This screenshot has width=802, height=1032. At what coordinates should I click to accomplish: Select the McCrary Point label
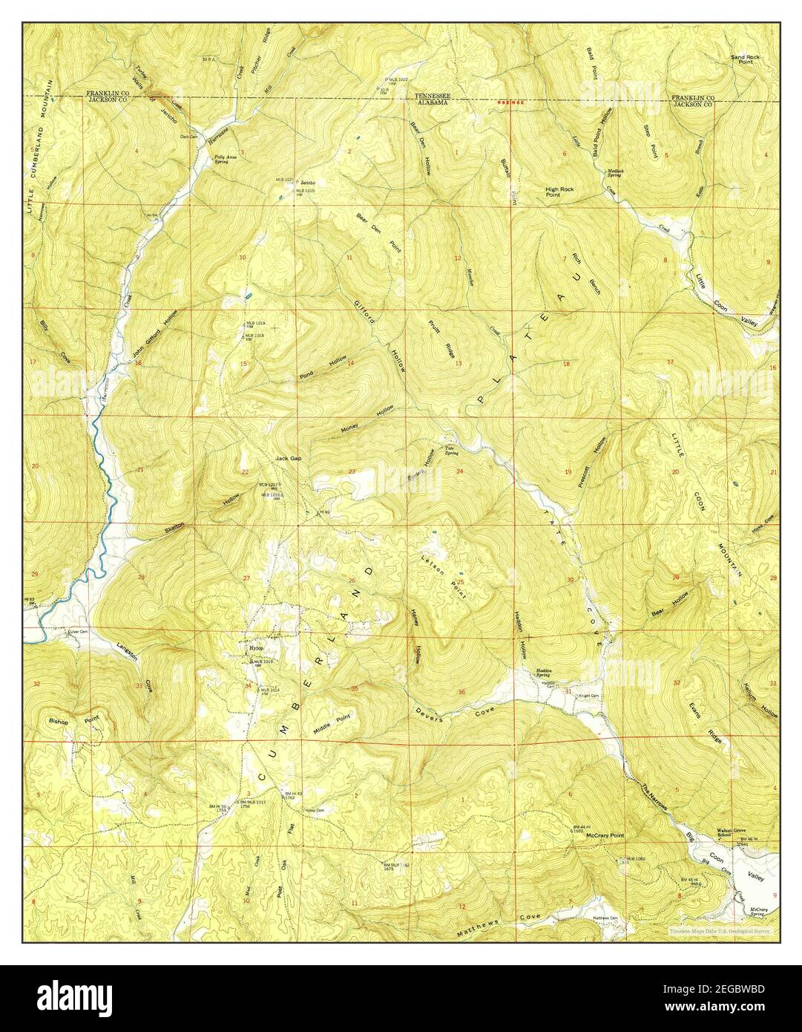pyautogui.click(x=605, y=835)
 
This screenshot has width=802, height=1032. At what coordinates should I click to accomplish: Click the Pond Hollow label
pyautogui.click(x=323, y=368)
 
